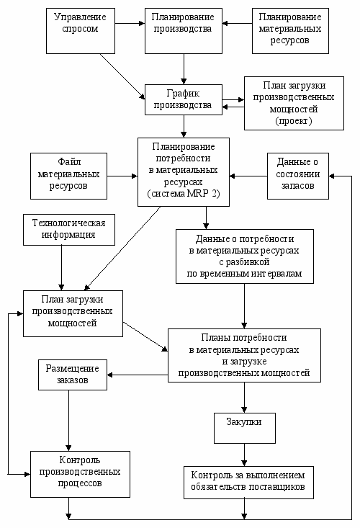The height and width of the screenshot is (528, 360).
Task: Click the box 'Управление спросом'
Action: point(81,31)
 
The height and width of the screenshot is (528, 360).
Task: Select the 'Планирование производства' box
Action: point(184,31)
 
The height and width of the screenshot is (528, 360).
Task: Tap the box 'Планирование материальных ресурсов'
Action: point(290,31)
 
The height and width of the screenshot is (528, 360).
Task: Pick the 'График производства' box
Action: point(184,99)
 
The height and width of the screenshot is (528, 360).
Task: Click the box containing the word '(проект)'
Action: point(294,104)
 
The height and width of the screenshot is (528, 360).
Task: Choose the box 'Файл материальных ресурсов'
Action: point(68,176)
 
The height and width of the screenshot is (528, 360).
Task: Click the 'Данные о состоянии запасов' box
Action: point(298,176)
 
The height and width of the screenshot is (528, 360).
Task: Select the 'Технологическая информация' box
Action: point(69,230)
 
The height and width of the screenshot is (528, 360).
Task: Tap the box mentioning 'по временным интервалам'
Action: point(245,256)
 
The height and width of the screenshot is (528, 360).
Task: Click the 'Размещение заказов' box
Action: point(73,375)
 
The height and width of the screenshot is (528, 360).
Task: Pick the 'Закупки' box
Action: point(245,428)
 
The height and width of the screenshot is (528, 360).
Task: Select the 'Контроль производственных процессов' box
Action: point(80,475)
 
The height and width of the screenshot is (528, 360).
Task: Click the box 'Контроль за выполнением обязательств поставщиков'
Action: point(248,483)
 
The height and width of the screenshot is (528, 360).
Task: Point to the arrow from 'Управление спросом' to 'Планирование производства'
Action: point(130,23)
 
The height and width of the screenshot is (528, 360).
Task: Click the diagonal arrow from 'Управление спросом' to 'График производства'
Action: point(122,76)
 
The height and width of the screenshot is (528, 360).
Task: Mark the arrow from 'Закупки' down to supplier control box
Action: point(245,455)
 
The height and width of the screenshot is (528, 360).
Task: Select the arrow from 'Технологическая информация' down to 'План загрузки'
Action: point(62,268)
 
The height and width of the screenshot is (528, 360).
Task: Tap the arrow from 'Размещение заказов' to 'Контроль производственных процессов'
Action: point(68,421)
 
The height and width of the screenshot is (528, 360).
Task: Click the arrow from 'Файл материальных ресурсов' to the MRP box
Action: point(122,176)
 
